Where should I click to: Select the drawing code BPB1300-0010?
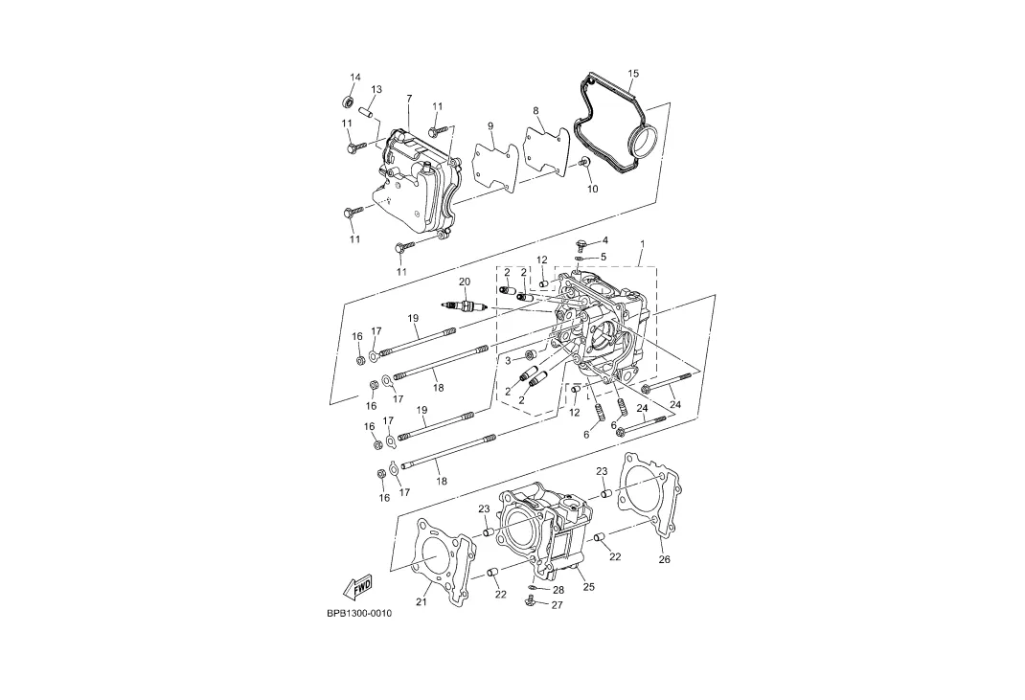tap(359, 614)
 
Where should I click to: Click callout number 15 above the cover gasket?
tap(633, 73)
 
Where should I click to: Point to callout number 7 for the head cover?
tap(409, 99)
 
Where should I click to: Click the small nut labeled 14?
tap(349, 102)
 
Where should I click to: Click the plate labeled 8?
tap(546, 151)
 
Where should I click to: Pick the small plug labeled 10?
tap(585, 162)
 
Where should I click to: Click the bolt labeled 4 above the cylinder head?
tap(580, 244)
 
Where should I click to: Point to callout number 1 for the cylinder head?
tap(642, 244)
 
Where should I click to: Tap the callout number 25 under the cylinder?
tap(589, 587)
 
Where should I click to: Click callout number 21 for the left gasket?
tap(421, 602)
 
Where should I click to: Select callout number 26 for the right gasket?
tap(664, 559)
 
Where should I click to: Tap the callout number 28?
tap(558, 590)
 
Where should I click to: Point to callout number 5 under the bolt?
tap(604, 257)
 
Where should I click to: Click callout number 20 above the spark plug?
tap(465, 282)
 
